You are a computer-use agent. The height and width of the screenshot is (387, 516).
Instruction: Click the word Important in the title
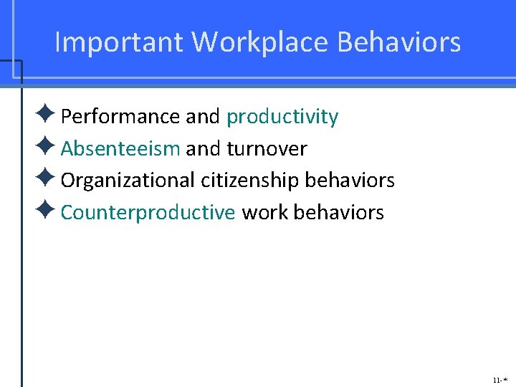[119, 43]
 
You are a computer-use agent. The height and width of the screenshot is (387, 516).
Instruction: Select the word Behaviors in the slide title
[399, 43]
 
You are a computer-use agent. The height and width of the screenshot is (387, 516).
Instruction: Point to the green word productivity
[282, 117]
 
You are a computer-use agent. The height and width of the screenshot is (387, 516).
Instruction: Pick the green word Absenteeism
[120, 149]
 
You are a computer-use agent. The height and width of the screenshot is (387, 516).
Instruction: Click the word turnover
[267, 149]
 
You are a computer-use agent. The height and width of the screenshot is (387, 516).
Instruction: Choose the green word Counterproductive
[148, 213]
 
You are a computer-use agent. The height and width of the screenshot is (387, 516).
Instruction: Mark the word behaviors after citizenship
[350, 181]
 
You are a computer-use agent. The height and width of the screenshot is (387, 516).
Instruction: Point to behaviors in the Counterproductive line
[339, 213]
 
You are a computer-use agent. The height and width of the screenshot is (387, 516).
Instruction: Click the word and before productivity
[203, 117]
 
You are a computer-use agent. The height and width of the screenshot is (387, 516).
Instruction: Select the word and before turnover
[203, 149]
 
